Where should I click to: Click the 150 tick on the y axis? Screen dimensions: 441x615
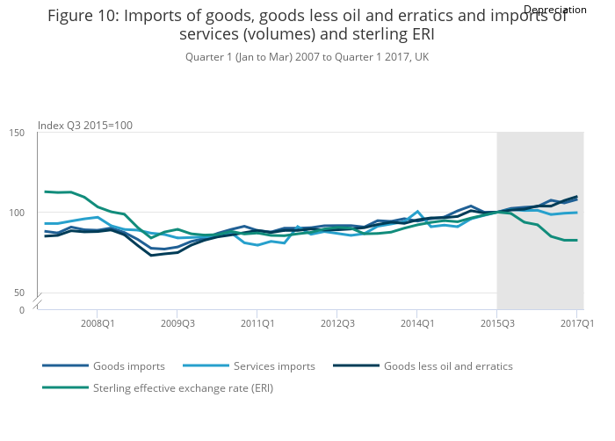pyautogui.click(x=17, y=133)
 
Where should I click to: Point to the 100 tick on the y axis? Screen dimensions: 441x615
pyautogui.click(x=17, y=213)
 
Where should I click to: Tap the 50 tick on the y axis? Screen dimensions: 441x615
pyautogui.click(x=19, y=292)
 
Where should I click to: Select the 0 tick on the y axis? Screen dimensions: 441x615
pyautogui.click(x=21, y=310)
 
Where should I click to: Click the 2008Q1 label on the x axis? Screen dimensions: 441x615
pyautogui.click(x=97, y=323)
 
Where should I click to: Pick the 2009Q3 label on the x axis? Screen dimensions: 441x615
pyautogui.click(x=177, y=323)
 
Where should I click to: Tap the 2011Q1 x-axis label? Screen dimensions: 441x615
pyautogui.click(x=257, y=323)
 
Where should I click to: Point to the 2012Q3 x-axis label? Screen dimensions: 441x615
pyautogui.click(x=336, y=323)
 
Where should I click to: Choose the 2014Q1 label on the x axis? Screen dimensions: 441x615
pyautogui.click(x=416, y=323)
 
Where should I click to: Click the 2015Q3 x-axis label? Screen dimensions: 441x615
pyautogui.click(x=496, y=323)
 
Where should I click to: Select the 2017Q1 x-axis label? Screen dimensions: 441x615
pyautogui.click(x=576, y=323)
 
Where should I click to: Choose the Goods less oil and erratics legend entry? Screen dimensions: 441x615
pyautogui.click(x=448, y=365)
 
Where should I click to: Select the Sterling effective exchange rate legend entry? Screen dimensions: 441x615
pyautogui.click(x=183, y=387)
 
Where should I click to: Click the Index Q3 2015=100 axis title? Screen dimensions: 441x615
pyautogui.click(x=85, y=125)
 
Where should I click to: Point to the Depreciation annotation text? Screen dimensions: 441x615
pyautogui.click(x=554, y=10)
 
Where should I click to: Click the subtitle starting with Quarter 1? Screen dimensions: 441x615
pyautogui.click(x=307, y=56)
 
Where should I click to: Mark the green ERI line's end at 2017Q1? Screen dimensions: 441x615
pyautogui.click(x=576, y=240)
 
